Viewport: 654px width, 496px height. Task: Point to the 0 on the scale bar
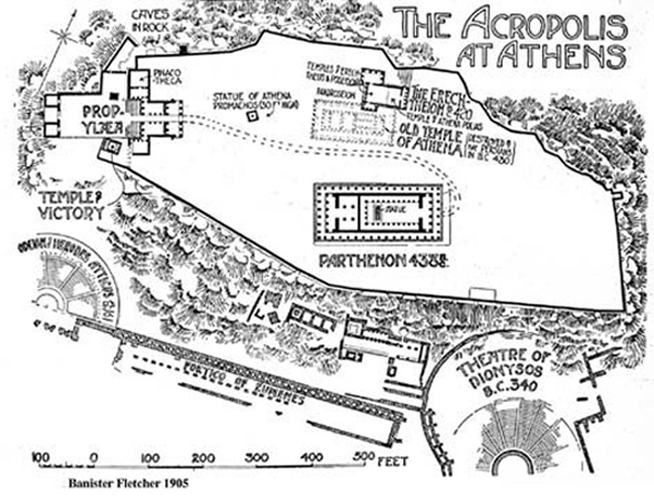point(93,457)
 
